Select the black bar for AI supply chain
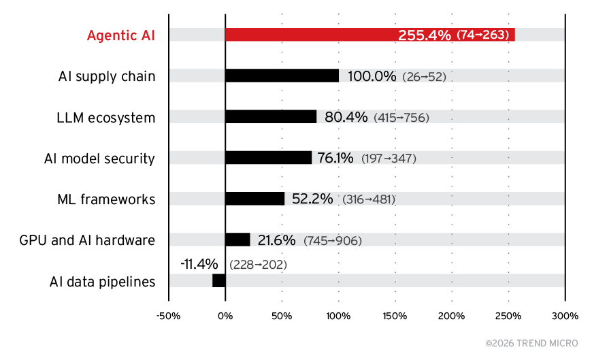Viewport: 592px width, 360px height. pyautogui.click(x=282, y=76)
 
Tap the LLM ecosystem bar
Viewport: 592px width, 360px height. pyautogui.click(x=271, y=117)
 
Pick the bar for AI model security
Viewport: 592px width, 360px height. pyautogui.click(x=268, y=158)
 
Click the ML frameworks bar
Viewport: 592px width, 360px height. pyautogui.click(x=254, y=199)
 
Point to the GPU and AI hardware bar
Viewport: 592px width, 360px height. pyautogui.click(x=237, y=240)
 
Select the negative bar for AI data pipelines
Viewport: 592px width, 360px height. pyautogui.click(x=219, y=280)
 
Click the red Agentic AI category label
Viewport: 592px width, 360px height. pyautogui.click(x=120, y=35)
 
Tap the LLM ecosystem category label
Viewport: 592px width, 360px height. pyautogui.click(x=105, y=118)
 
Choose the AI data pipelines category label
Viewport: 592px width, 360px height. pyautogui.click(x=102, y=282)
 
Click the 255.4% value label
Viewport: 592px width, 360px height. pyautogui.click(x=424, y=35)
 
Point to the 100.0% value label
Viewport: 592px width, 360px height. pyautogui.click(x=372, y=76)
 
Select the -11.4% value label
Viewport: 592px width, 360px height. pyautogui.click(x=199, y=263)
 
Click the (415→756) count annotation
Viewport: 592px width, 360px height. pyautogui.click(x=401, y=118)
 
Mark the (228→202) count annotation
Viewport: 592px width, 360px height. pyautogui.click(x=258, y=264)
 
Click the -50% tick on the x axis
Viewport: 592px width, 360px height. pyautogui.click(x=168, y=316)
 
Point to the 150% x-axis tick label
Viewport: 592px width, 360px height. pyautogui.click(x=395, y=316)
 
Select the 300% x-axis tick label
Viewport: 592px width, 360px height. pyautogui.click(x=565, y=316)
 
